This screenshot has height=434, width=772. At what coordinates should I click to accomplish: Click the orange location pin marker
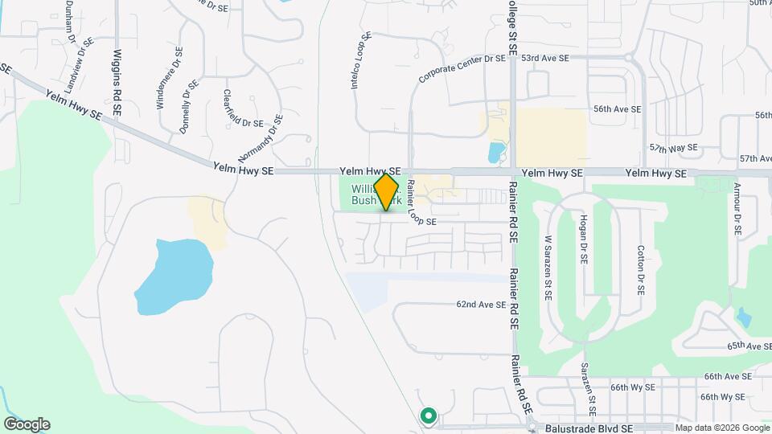(386, 192)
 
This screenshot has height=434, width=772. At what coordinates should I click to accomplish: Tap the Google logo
(27, 424)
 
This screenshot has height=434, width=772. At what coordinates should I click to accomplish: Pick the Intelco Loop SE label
(361, 60)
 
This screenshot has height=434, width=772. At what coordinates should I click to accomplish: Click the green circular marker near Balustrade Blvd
(429, 416)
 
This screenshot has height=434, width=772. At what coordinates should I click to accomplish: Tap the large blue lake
(174, 275)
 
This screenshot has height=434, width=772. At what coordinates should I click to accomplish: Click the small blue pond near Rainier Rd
(495, 151)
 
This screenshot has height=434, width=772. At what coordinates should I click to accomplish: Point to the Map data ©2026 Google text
(722, 428)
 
